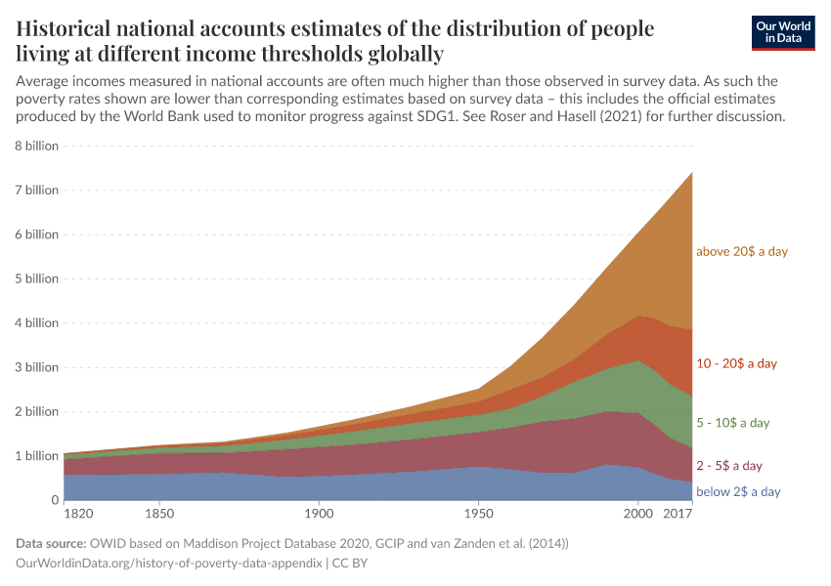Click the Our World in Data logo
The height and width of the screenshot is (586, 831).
click(x=783, y=32)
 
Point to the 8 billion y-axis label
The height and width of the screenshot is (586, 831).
click(x=36, y=146)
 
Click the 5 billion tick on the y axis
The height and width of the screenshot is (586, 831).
click(x=36, y=278)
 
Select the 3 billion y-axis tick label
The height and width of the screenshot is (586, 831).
click(x=36, y=367)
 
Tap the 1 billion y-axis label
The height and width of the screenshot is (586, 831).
click(x=36, y=455)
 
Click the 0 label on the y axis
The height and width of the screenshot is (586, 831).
click(x=55, y=500)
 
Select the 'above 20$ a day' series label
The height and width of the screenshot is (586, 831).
click(x=741, y=251)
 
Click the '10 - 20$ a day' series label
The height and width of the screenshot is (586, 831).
click(x=736, y=363)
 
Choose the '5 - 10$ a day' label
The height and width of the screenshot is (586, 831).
click(x=732, y=423)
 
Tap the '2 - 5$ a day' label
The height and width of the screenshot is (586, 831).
click(x=728, y=466)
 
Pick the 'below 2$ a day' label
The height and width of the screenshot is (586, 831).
click(x=738, y=491)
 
